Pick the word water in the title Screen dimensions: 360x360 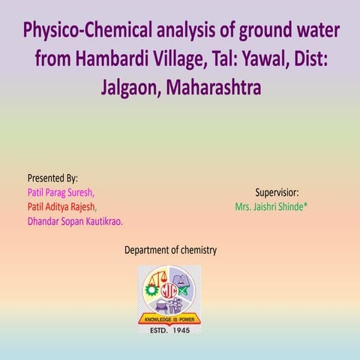(308, 31)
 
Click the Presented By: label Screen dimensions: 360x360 (52, 178)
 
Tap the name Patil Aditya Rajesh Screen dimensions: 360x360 (61, 206)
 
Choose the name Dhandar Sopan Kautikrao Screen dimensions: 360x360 (76, 220)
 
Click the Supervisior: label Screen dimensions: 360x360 (277, 192)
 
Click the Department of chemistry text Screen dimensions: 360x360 (170, 250)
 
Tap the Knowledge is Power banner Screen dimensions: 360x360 (169, 318)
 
